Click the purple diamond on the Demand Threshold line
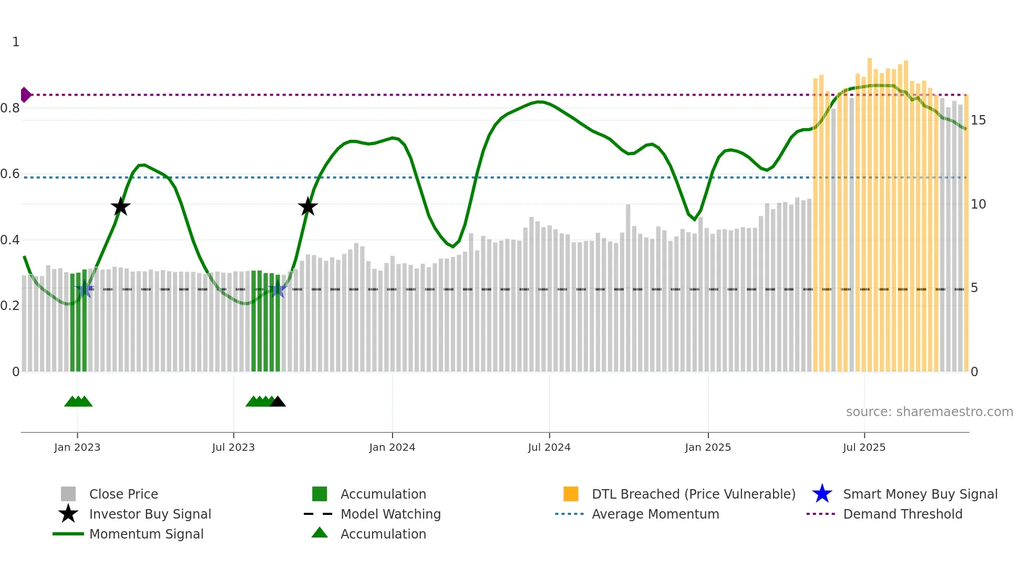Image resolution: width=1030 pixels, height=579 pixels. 25,95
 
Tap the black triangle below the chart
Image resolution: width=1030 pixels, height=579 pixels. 277,402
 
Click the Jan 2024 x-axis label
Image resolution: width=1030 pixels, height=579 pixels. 392,448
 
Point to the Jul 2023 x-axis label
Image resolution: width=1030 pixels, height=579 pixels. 233,448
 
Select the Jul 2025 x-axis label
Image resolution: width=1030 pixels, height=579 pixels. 864,448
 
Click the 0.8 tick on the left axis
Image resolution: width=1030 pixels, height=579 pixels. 10,108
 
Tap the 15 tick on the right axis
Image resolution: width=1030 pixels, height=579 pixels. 978,120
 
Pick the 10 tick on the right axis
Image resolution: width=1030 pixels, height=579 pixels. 978,204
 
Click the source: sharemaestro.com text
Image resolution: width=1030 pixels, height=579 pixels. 929,412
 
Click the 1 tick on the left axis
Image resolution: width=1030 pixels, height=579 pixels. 16,42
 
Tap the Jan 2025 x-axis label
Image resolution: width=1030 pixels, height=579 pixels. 708,448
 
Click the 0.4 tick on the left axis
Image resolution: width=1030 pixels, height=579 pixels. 10,240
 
